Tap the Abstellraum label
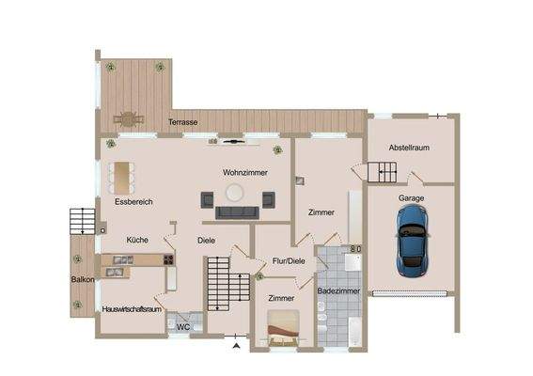pos(410,148)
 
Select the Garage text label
pos(410,199)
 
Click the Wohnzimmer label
pos(245,173)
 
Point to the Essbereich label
pos(133,201)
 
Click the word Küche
pos(137,240)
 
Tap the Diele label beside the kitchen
pos(207,240)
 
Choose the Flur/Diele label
pos(288,260)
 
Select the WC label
pos(184,326)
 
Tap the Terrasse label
pos(182,122)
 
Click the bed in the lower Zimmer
pos(283,329)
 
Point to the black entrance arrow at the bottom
pos(237,347)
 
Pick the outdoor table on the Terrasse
pos(127,118)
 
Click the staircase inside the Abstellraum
pos(384,172)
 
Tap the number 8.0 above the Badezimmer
pos(354,249)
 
